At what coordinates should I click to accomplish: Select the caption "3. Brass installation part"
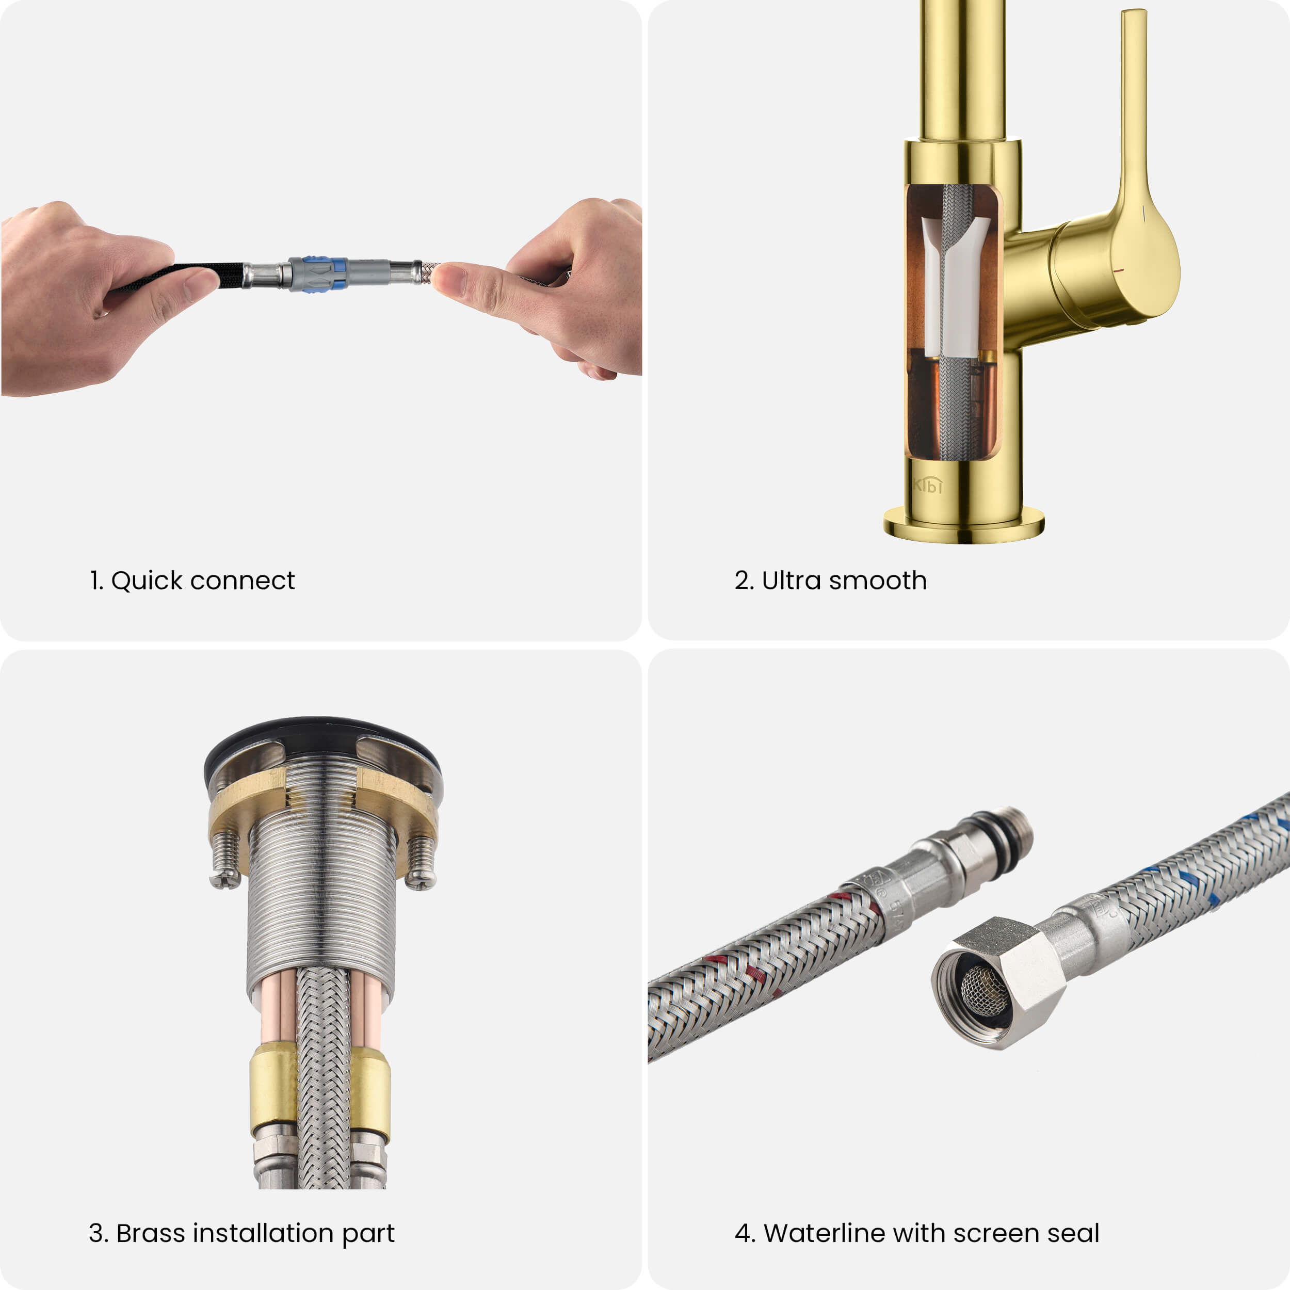[x=241, y=1233]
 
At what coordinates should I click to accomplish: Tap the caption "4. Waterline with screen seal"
[x=917, y=1233]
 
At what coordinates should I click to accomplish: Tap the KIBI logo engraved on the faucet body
[x=927, y=486]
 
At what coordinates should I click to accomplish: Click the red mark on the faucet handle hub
[x=1120, y=271]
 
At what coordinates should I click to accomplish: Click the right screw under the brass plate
[x=422, y=863]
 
